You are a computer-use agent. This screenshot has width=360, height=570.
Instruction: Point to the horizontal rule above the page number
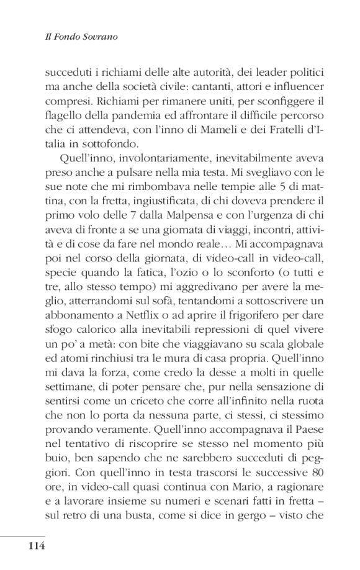[x=23, y=535]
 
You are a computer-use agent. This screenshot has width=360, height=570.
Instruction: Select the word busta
[x=167, y=517]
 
